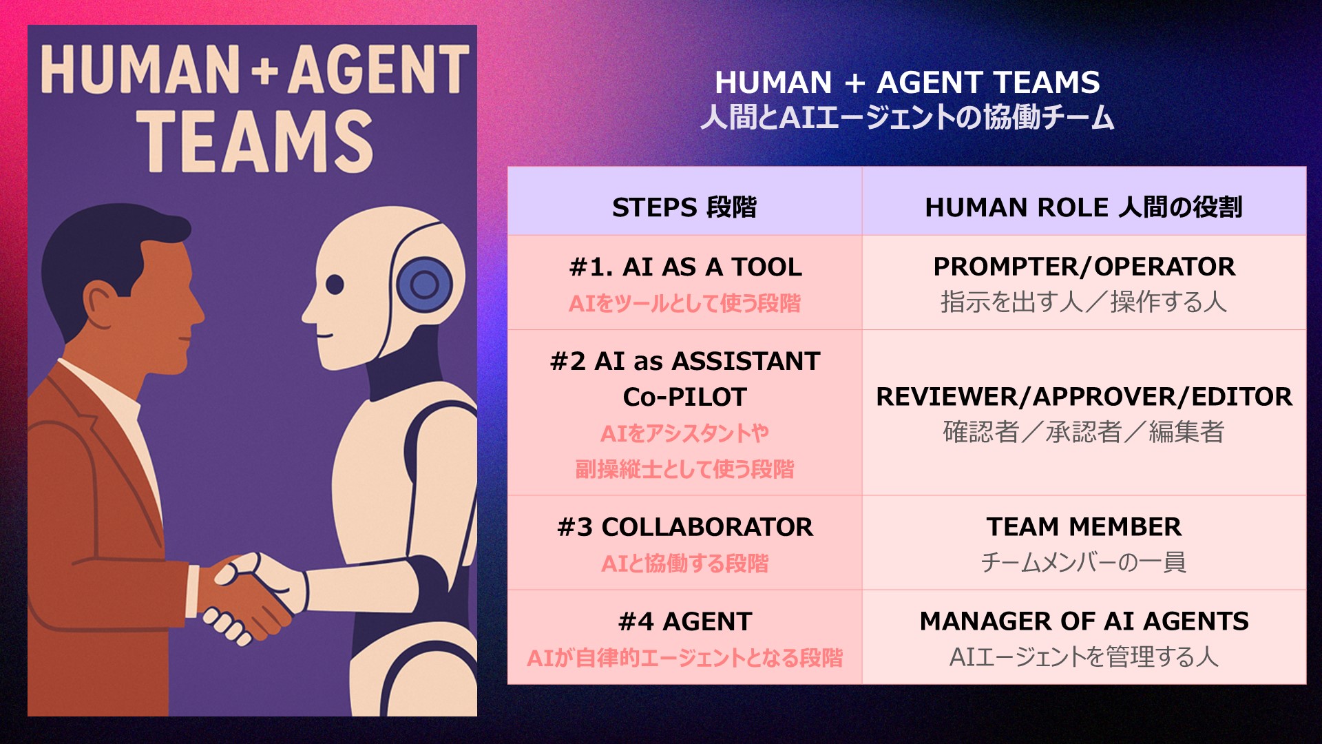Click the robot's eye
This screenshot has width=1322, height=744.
coord(335,284)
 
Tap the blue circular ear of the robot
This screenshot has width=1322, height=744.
coord(424,285)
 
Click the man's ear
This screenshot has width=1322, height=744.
coord(102,304)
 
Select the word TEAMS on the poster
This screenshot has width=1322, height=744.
coord(254,141)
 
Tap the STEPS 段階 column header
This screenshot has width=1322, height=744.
coord(684,207)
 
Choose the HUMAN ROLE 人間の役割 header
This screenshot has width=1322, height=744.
coord(1084,207)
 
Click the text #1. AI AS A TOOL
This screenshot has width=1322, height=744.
coord(686,267)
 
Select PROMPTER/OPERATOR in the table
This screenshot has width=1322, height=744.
coord(1084,267)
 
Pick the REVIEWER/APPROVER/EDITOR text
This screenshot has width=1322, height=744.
coord(1084,397)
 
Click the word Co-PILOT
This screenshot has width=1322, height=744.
coord(685,397)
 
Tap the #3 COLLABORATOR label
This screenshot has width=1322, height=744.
coord(685,527)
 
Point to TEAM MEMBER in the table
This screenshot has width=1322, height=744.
coord(1084,527)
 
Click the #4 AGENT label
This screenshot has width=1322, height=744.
coord(685,621)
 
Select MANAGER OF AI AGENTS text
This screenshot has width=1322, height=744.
coord(1084,621)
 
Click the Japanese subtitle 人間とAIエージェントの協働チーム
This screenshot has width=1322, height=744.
coord(907,117)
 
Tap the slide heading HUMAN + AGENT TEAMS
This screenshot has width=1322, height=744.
coord(907,83)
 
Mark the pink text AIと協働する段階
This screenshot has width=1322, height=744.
coord(685,564)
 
